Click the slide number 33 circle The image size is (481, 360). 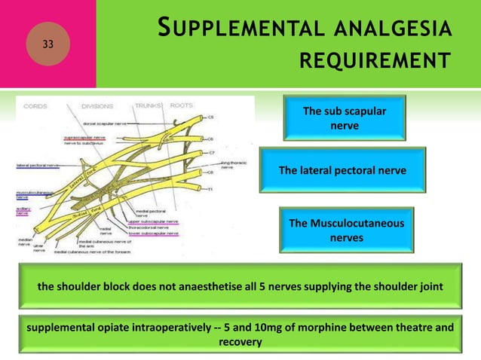click(x=48, y=44)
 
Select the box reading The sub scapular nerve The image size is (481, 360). click(x=344, y=118)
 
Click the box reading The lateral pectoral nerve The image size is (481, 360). click(x=342, y=171)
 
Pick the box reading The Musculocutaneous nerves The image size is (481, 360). click(x=346, y=230)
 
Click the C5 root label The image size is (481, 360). click(x=211, y=117)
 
